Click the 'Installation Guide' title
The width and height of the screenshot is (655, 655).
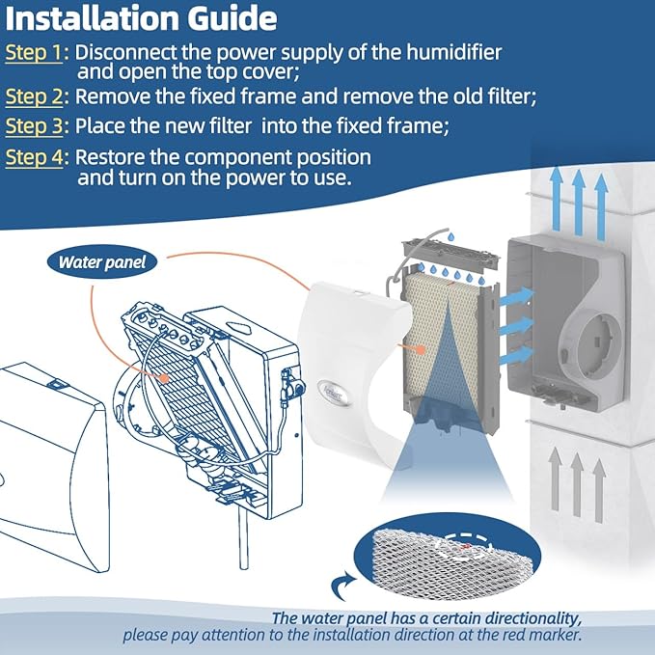point(141,18)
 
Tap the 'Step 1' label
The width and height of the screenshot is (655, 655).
point(33,52)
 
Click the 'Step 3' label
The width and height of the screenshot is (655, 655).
point(33,126)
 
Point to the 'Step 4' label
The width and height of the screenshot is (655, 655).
point(33,157)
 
